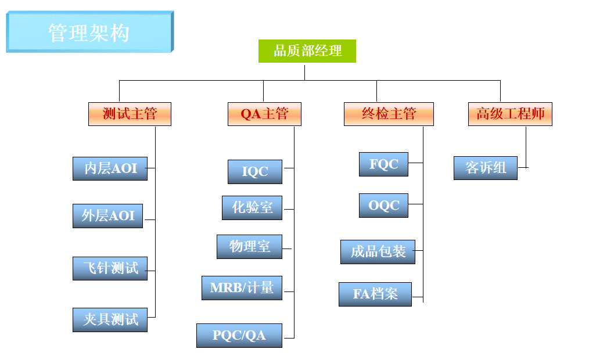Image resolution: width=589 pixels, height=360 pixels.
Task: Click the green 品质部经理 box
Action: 307,51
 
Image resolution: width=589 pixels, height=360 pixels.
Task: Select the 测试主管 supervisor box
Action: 130,114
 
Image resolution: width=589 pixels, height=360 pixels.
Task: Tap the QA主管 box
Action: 264,114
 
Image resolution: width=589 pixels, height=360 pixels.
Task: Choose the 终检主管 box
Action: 389,114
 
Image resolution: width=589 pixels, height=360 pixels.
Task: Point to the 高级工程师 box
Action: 510,114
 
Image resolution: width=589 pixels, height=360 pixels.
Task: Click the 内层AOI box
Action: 110,168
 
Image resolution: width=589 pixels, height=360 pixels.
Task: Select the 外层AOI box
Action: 107,216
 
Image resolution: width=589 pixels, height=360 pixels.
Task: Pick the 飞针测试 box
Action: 110,268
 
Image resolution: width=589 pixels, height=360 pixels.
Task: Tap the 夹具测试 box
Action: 110,320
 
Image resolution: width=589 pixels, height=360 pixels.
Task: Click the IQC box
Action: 254,172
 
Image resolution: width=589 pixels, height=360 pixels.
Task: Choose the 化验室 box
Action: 252,207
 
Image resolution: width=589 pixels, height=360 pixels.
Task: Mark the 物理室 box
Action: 249,247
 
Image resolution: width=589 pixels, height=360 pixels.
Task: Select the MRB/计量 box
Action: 242,288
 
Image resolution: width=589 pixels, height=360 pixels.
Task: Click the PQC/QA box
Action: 239,336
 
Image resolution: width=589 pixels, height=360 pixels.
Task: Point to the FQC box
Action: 383,164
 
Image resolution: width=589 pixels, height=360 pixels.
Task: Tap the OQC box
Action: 383,206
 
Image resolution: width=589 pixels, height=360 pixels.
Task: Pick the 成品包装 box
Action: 378,252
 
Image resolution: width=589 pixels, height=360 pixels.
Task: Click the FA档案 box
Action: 375,294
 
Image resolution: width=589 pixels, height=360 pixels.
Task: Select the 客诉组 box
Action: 486,168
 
